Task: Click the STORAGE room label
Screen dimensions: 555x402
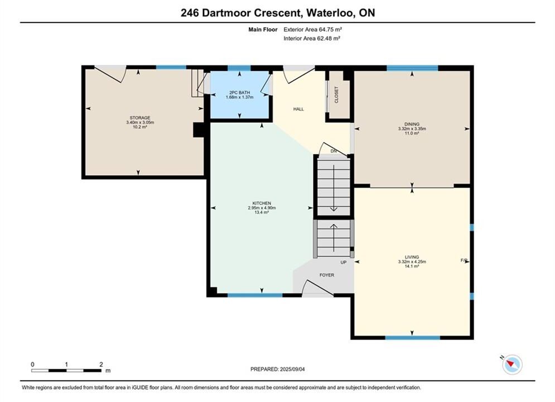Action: tap(140, 118)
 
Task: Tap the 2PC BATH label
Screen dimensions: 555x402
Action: tap(240, 93)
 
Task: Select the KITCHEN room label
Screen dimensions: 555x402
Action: tap(262, 203)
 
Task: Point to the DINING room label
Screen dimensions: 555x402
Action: tap(412, 125)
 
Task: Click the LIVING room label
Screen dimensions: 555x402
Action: tap(412, 257)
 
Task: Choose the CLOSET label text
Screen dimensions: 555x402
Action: tap(336, 95)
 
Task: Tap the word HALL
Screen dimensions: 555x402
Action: tap(298, 109)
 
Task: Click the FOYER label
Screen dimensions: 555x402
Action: tap(327, 275)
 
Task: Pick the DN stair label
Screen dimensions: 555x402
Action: tap(334, 151)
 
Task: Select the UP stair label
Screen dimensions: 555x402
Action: tap(344, 262)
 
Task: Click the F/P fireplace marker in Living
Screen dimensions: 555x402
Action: tap(464, 260)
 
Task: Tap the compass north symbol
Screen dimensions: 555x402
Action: tap(512, 363)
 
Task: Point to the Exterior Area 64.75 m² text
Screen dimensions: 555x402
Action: tap(312, 30)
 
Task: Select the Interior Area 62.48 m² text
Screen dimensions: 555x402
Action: tap(311, 39)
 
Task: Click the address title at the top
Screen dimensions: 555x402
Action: tap(278, 13)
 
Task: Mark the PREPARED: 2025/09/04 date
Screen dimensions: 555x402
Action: tap(278, 369)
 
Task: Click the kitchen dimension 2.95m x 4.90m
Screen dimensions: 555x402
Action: tap(262, 208)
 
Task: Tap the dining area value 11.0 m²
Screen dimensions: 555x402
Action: tap(412, 133)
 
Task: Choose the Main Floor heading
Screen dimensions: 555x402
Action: tap(263, 30)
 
